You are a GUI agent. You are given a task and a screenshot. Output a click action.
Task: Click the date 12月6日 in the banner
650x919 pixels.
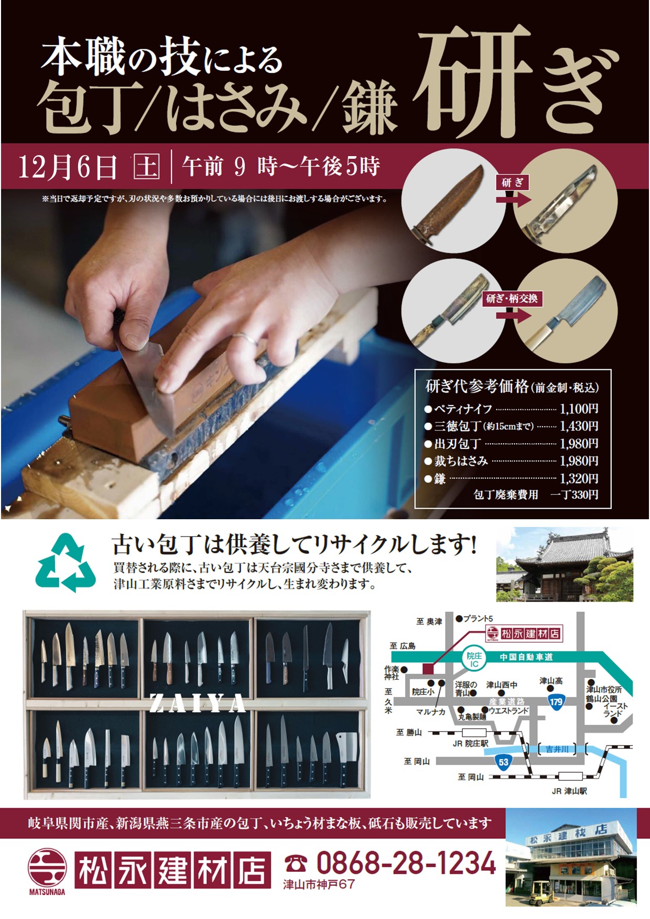tap(68, 167)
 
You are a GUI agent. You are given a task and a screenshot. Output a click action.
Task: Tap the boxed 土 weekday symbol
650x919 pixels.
tap(146, 167)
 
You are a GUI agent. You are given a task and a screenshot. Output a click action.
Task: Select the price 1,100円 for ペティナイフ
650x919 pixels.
tap(579, 409)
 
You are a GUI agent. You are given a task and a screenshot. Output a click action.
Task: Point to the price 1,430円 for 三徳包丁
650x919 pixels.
tap(579, 426)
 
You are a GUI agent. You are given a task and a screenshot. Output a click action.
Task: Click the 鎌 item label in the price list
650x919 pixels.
tap(439, 478)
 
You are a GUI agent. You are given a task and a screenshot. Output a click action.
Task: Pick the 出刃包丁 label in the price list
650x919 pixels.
tap(457, 444)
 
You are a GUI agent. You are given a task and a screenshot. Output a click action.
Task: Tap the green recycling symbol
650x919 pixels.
tap(66, 562)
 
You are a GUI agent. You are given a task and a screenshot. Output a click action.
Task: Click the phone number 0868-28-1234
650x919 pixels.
tap(406, 862)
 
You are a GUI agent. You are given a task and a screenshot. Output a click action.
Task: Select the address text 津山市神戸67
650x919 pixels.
tap(319, 884)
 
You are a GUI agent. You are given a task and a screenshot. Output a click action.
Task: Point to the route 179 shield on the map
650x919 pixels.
tap(556, 702)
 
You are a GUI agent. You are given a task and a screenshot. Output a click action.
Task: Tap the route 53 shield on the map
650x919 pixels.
tap(504, 761)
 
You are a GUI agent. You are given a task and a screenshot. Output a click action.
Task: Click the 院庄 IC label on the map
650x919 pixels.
tap(474, 660)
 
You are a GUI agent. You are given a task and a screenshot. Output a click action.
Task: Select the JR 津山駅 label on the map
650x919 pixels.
tap(569, 791)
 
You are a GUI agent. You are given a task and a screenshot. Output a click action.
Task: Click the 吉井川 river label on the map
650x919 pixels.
tap(557, 749)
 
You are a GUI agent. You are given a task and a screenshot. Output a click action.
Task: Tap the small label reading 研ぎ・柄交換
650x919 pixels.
tap(512, 299)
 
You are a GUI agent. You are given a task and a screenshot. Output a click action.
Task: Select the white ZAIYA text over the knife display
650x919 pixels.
tap(198, 703)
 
